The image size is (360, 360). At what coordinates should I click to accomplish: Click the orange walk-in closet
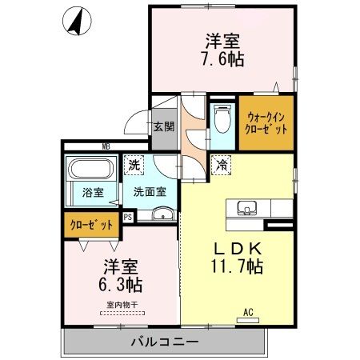pyautogui.click(x=266, y=122)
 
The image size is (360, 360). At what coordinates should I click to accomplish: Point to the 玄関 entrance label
pyautogui.click(x=164, y=126)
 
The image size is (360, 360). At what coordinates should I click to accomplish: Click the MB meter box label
pyautogui.click(x=106, y=146)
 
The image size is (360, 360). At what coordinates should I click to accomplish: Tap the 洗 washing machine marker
pyautogui.click(x=134, y=165)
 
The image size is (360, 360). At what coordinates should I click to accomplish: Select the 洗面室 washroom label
pyautogui.click(x=150, y=192)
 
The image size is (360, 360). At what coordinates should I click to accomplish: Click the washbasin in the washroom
pyautogui.click(x=163, y=214)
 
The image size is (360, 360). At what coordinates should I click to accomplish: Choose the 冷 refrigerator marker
pyautogui.click(x=220, y=165)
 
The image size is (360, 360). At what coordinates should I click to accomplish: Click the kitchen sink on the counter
pyautogui.click(x=246, y=210)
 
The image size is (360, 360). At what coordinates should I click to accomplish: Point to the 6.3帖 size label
pyautogui.click(x=119, y=284)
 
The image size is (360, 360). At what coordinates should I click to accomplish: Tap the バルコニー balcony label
pyautogui.click(x=164, y=342)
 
